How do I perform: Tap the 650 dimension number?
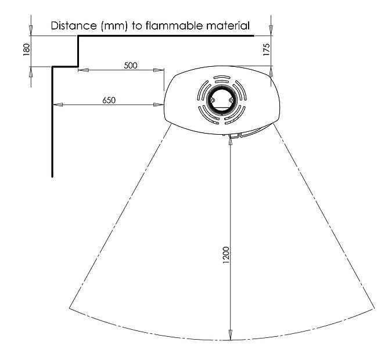[109, 100]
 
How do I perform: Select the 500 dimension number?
[131, 65]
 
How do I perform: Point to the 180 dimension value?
[26, 51]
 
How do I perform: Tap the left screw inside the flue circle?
[213, 100]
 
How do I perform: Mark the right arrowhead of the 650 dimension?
[160, 105]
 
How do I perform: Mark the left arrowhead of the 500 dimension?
[82, 70]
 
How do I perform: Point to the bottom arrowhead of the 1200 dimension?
[231, 337]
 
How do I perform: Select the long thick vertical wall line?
[53, 122]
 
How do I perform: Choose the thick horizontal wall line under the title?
[166, 36]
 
